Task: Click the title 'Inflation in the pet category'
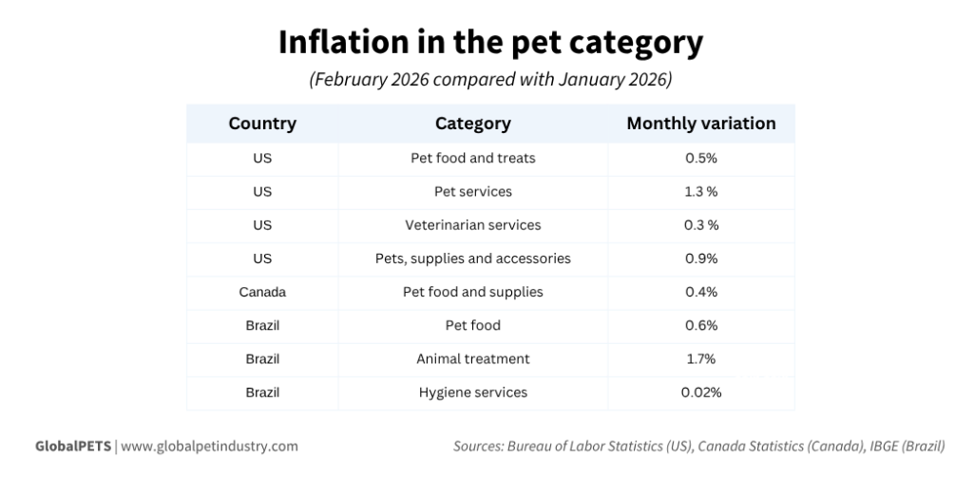coord(490,42)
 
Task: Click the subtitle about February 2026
coord(490,80)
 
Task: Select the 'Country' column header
coord(262,124)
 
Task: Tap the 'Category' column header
coord(472,124)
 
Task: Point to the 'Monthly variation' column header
coord(701,124)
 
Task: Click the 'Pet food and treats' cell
coord(472,158)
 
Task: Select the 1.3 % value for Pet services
coord(701,192)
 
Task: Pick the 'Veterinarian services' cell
coord(472,225)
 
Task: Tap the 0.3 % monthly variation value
coord(701,225)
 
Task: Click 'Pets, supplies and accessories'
coord(472,259)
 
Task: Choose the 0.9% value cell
coord(701,259)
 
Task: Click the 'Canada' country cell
coord(262,292)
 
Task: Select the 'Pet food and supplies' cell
coord(472,292)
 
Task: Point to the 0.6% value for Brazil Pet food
coord(701,325)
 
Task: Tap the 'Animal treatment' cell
coord(472,358)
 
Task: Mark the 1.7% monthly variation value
coord(701,358)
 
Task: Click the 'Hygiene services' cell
coord(472,392)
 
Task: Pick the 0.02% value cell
coord(701,392)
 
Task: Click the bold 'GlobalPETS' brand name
coord(72,445)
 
